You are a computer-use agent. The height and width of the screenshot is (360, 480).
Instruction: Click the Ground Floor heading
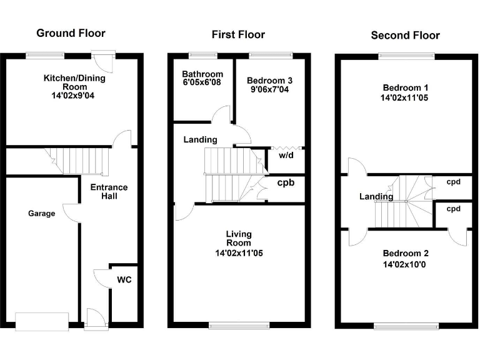(x=71, y=33)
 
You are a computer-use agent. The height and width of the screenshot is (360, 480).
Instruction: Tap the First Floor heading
(x=238, y=34)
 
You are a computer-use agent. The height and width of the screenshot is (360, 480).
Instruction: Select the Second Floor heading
(x=405, y=35)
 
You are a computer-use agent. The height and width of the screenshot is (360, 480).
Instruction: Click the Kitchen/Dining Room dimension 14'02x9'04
(x=74, y=96)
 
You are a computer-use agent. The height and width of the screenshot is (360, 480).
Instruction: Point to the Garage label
(x=41, y=213)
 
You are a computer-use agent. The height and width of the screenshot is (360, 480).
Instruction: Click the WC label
(x=124, y=279)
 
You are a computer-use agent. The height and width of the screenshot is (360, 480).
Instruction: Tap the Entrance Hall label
(x=109, y=191)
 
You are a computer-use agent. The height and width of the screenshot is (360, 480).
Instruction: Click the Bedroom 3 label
(x=269, y=81)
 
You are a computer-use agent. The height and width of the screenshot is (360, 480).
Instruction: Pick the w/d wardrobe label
(x=286, y=155)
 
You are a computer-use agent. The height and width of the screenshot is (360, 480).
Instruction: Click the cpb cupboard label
(x=287, y=183)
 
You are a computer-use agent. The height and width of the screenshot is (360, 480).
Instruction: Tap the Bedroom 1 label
(x=405, y=87)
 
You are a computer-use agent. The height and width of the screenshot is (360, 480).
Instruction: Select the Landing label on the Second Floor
(x=376, y=196)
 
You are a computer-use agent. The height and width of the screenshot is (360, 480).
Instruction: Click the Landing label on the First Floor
(x=200, y=139)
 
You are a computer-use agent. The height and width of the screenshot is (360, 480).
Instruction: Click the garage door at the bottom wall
(x=42, y=321)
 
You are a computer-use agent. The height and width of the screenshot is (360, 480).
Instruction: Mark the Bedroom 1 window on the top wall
(x=406, y=56)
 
